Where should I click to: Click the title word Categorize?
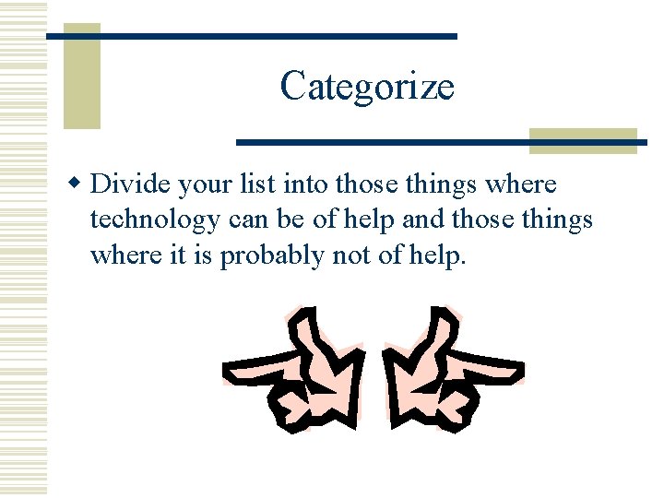tap(367, 87)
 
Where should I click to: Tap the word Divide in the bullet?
tap(129, 184)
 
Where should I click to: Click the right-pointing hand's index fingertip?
tap(518, 373)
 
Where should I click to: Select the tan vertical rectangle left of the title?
tap(81, 76)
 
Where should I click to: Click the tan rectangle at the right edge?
tap(583, 140)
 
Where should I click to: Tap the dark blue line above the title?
tap(251, 35)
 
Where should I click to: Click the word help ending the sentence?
tap(437, 255)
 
